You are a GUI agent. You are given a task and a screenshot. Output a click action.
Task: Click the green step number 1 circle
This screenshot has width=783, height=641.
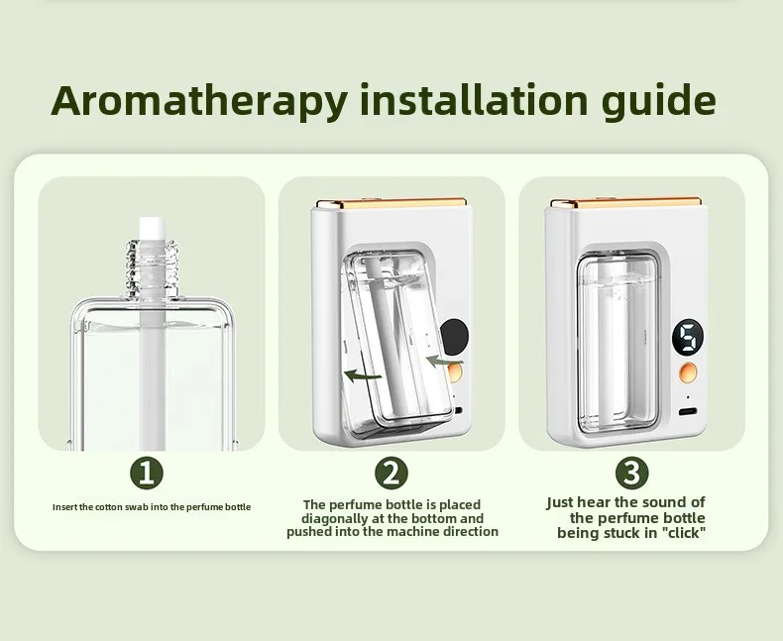tap(147, 473)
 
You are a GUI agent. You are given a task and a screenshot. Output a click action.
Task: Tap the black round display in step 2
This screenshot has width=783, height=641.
tap(456, 336)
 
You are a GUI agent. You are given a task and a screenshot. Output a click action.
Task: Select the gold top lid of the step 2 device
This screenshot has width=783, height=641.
tap(391, 203)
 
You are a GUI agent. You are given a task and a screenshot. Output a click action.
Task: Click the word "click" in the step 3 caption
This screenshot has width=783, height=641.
tap(683, 535)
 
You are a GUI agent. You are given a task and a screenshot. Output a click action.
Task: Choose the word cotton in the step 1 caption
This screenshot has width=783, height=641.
tap(113, 507)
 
